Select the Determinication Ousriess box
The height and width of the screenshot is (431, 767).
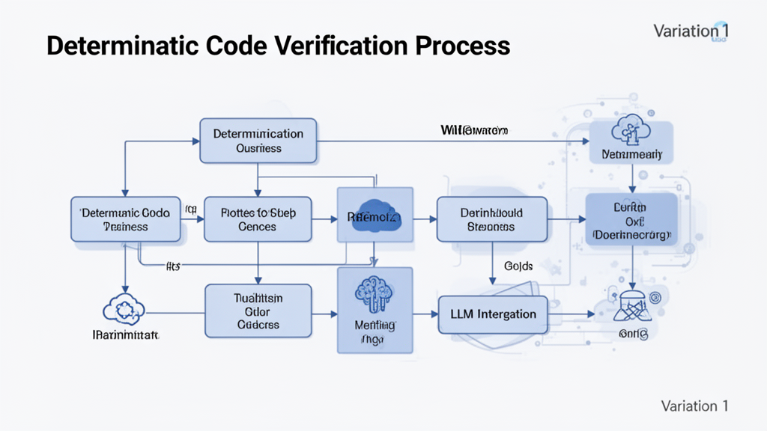point(258,141)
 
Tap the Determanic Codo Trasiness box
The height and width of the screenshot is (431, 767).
point(126,219)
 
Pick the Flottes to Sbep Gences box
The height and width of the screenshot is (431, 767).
point(258,219)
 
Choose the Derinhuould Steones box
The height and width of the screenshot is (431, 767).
point(491,219)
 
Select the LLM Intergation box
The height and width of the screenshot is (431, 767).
point(491,314)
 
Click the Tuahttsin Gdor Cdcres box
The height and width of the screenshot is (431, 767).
point(258,309)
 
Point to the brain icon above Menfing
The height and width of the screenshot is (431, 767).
point(375,293)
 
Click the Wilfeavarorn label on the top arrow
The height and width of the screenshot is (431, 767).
point(473,130)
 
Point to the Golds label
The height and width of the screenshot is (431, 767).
point(517,266)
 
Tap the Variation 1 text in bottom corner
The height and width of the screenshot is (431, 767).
point(694,406)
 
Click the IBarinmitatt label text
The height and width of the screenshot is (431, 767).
point(124,337)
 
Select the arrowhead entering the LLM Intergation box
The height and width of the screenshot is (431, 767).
point(433,314)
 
